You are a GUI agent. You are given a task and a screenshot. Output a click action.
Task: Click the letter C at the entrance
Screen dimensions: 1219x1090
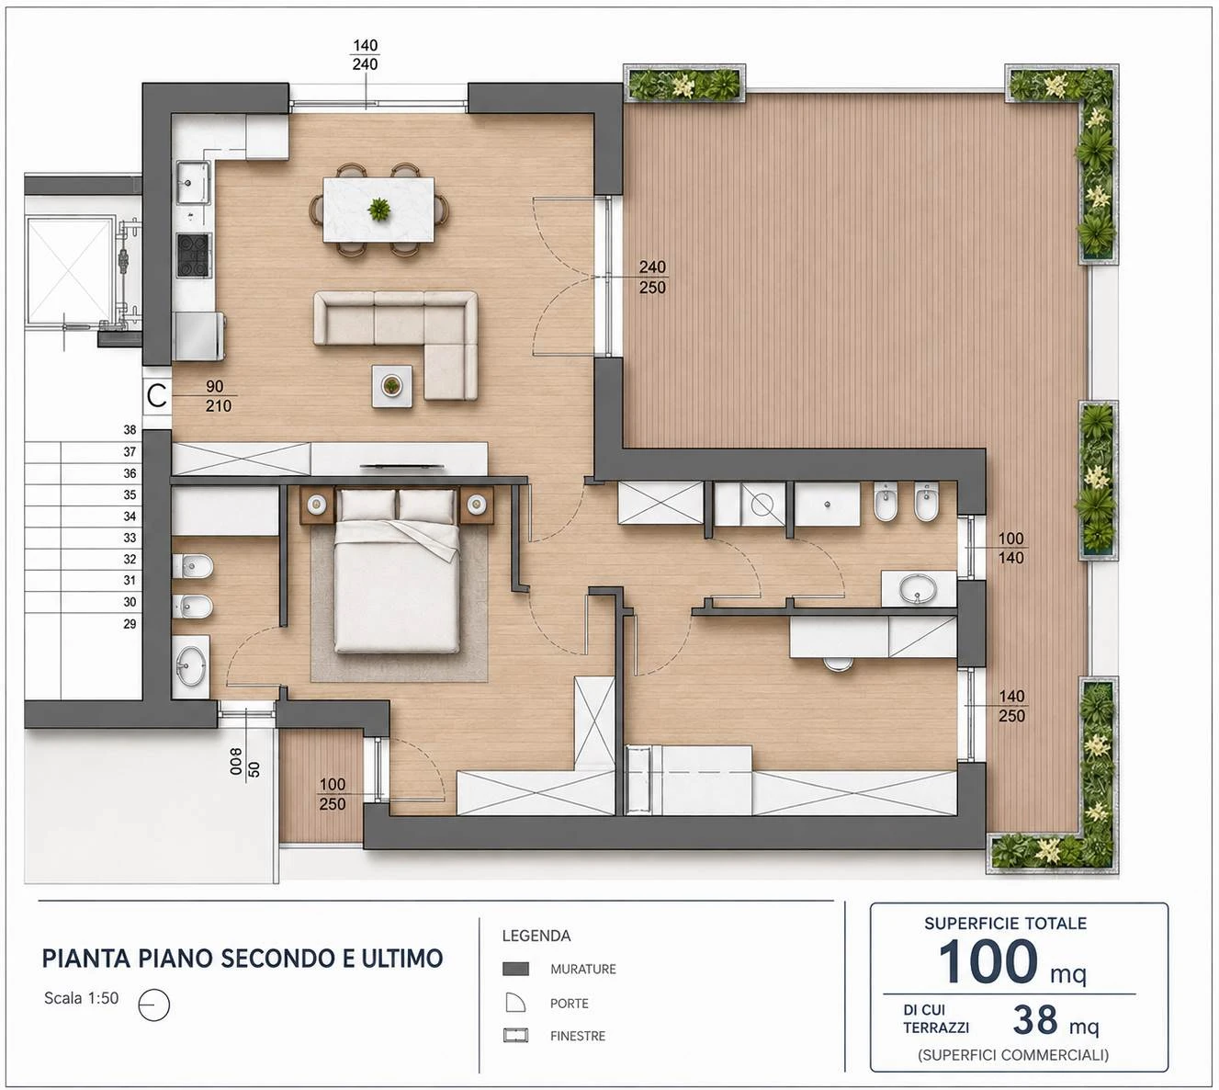pyautogui.click(x=157, y=396)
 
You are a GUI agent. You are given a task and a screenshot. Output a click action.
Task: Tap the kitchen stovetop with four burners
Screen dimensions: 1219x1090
pyautogui.click(x=194, y=255)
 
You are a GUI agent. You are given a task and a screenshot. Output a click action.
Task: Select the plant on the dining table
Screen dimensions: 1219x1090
pyautogui.click(x=379, y=210)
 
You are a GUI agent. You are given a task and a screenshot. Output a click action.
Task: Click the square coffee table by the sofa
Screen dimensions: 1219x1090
pyautogui.click(x=392, y=386)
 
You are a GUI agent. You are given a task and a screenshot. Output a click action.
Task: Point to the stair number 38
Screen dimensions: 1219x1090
pyautogui.click(x=130, y=430)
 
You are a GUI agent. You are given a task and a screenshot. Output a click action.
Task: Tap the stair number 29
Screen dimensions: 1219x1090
pyautogui.click(x=130, y=624)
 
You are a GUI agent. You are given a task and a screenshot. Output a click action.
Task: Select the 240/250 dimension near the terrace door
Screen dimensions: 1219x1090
pyautogui.click(x=652, y=277)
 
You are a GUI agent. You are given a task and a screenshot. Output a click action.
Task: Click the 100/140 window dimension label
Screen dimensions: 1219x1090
pyautogui.click(x=1010, y=548)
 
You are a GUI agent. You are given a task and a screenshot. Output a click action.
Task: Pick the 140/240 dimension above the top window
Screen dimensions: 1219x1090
pyautogui.click(x=366, y=55)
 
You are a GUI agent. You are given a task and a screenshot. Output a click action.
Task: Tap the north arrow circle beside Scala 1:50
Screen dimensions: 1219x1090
pyautogui.click(x=154, y=1005)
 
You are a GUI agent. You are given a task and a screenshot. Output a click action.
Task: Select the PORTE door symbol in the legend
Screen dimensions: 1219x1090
pyautogui.click(x=515, y=1003)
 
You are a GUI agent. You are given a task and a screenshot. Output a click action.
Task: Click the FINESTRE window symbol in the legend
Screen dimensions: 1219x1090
pyautogui.click(x=515, y=1035)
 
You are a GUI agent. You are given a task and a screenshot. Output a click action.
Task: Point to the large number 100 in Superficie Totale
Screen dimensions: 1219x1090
pyautogui.click(x=988, y=962)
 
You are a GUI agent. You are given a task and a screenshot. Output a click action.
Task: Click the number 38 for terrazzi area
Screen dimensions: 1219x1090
pyautogui.click(x=1035, y=1019)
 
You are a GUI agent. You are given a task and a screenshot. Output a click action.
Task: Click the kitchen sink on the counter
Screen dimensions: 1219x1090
pyautogui.click(x=193, y=182)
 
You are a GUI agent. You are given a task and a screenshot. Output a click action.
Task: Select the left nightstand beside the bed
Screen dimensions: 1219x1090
pyautogui.click(x=317, y=505)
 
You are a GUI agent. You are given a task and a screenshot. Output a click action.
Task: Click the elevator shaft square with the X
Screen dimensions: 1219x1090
pyautogui.click(x=71, y=269)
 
